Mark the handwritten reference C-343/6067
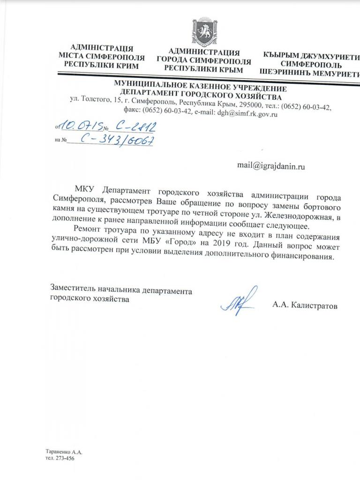117,139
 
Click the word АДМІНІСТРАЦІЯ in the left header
101,48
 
